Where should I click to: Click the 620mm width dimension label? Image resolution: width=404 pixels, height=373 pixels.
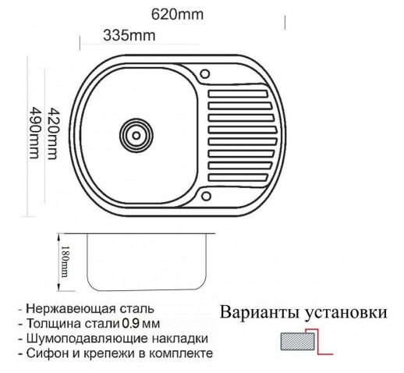click(x=177, y=15)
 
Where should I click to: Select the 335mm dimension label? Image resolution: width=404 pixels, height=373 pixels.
click(x=129, y=35)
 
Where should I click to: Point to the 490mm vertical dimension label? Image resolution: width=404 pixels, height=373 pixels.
click(x=34, y=133)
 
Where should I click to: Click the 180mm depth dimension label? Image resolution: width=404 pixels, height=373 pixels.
click(x=64, y=261)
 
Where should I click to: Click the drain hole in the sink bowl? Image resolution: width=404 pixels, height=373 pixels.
click(x=136, y=135)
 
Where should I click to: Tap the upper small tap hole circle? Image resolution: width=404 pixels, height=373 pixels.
click(x=204, y=74)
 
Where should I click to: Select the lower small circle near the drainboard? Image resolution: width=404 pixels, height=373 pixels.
click(x=206, y=196)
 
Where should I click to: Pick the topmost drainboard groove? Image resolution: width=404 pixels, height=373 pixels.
click(x=238, y=94)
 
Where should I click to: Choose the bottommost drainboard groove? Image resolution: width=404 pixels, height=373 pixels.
click(x=238, y=177)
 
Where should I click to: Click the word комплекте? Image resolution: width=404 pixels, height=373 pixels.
click(x=181, y=353)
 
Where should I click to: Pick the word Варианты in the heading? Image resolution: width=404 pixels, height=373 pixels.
click(x=259, y=312)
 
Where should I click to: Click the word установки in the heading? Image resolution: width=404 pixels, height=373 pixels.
click(x=346, y=313)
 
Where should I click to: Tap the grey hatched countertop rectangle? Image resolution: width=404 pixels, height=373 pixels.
click(x=298, y=341)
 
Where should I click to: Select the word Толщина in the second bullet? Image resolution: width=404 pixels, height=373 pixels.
click(x=54, y=324)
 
